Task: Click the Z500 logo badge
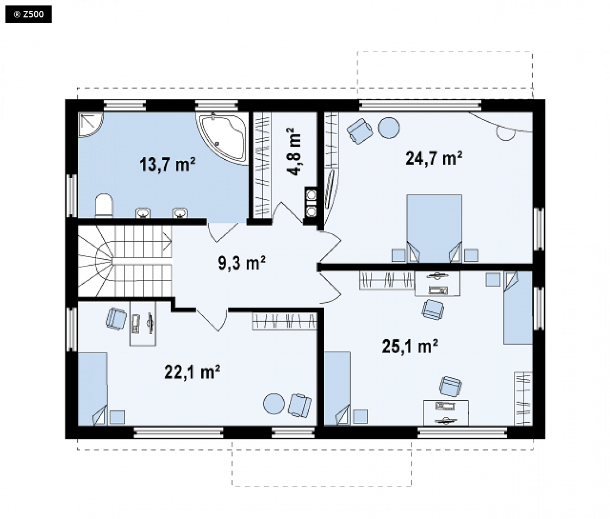coord(28,14)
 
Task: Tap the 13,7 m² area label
coord(167,165)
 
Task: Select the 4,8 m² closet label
coord(294,152)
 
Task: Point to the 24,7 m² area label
coord(434,158)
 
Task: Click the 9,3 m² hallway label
coord(241,263)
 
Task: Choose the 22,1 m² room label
coord(192,372)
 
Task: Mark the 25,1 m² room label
coord(409,346)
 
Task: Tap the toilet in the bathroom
coord(104,205)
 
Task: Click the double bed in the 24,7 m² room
coord(434,228)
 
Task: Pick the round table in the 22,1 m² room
coord(274,404)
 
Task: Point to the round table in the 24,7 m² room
coord(389,128)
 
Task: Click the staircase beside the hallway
coord(125,261)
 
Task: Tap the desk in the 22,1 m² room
coord(143,323)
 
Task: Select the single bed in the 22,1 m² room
coord(92,389)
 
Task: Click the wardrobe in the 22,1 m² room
coord(285,321)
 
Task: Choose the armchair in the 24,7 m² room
coord(360,131)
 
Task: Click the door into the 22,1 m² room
coord(213,320)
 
